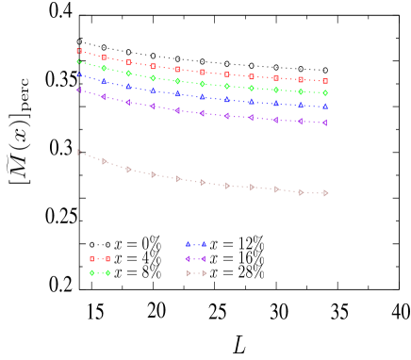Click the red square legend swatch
point(100,258)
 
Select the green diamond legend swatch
point(100,273)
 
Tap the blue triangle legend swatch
point(196,244)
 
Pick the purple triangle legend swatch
point(196,258)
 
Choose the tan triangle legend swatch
point(196,273)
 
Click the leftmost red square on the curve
point(79,51)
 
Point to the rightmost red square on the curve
point(325,81)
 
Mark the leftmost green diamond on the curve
point(79,61)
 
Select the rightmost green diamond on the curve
point(325,92)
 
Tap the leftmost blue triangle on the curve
point(79,74)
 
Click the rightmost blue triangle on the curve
point(325,106)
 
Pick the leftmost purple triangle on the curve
point(79,90)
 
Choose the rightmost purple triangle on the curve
point(325,123)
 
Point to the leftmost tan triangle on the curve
point(79,152)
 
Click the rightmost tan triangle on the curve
point(325,193)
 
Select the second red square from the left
point(104,57)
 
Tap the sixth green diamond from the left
point(202,84)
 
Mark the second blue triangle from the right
point(301,105)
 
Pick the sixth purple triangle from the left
point(202,113)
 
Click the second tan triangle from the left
point(104,161)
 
